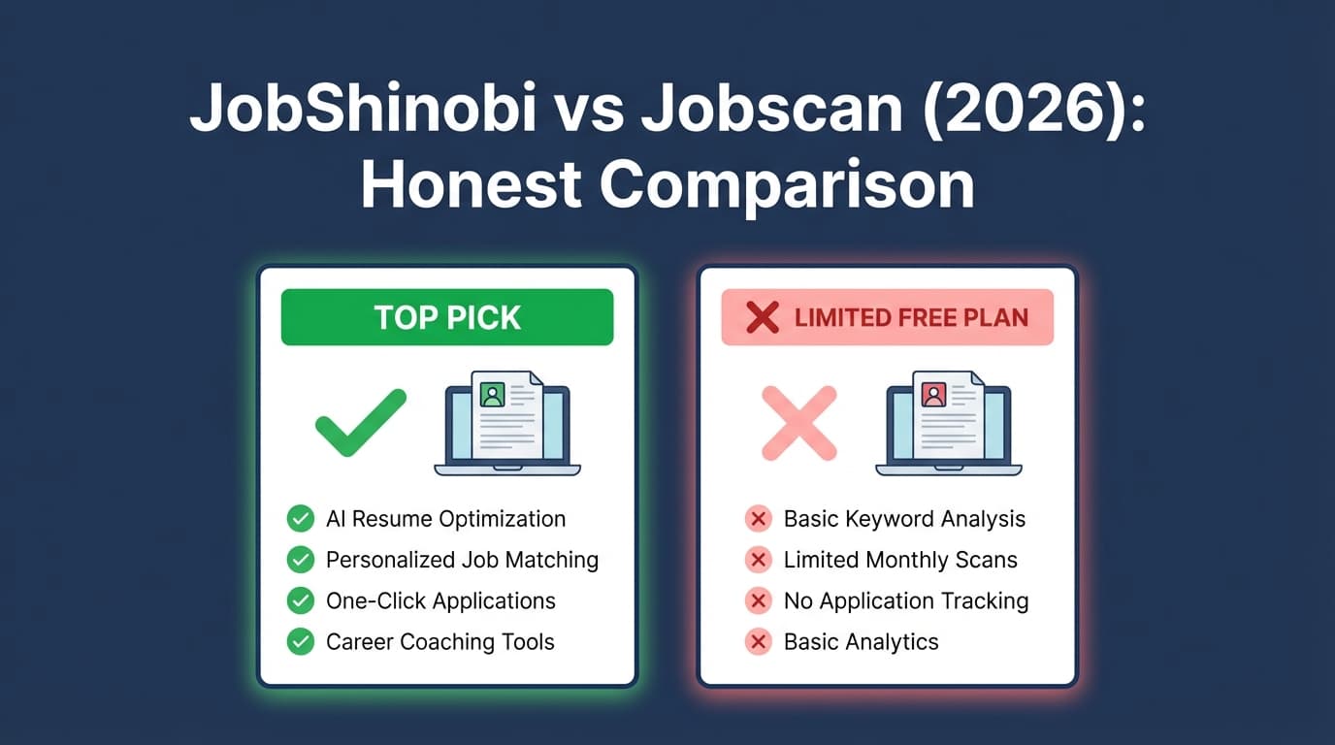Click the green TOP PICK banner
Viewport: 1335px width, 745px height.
tap(447, 317)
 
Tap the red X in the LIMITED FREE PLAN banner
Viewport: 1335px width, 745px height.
tap(763, 317)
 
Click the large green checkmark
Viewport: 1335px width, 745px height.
tap(361, 424)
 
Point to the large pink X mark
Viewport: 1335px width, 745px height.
tap(798, 424)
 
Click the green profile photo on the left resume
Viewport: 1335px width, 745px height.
tap(492, 395)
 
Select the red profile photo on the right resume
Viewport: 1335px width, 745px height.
tap(933, 395)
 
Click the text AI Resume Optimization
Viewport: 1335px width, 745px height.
tap(445, 519)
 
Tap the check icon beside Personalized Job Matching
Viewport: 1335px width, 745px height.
tap(301, 560)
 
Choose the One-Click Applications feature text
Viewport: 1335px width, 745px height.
tap(440, 600)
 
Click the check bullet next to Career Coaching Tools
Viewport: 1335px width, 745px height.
tap(301, 641)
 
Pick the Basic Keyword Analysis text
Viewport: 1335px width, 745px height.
tap(904, 519)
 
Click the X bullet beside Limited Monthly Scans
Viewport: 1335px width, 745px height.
tap(758, 560)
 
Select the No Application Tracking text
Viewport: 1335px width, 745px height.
tap(906, 600)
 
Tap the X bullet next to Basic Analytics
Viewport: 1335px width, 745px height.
tap(758, 641)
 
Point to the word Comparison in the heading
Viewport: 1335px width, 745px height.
tap(787, 184)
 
